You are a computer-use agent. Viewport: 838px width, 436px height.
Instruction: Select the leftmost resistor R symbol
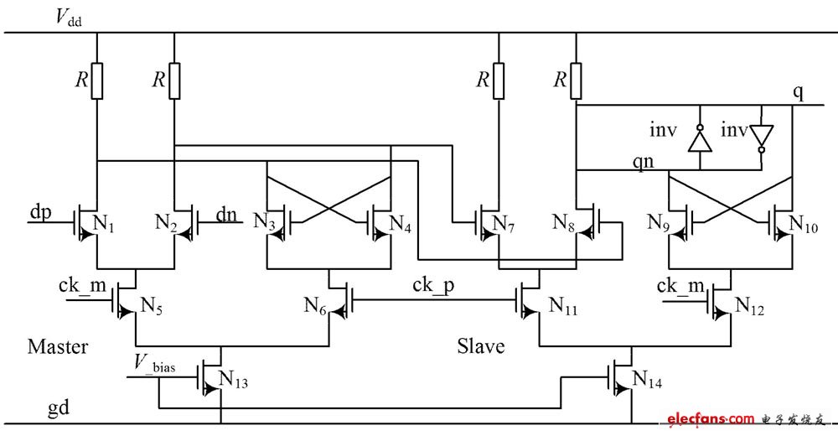pos(98,80)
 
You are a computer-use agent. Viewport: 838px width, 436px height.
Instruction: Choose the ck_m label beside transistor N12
pos(679,287)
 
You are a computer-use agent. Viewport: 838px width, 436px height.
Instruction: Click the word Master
pos(58,345)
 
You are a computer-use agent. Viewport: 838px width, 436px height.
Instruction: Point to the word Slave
pos(480,345)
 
